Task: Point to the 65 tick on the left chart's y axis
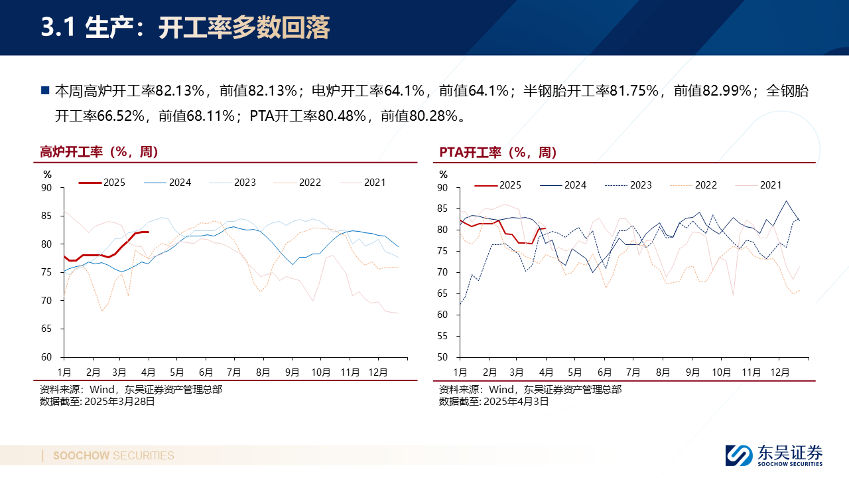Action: [46, 329]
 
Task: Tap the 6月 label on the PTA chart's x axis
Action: [604, 372]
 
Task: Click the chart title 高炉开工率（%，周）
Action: [99, 152]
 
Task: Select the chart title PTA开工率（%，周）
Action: [497, 152]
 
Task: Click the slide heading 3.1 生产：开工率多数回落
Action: [185, 29]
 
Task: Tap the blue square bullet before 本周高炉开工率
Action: [45, 90]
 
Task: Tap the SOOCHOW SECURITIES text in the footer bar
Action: [113, 455]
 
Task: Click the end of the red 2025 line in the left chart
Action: [148, 232]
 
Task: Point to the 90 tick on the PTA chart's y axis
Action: [443, 188]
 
